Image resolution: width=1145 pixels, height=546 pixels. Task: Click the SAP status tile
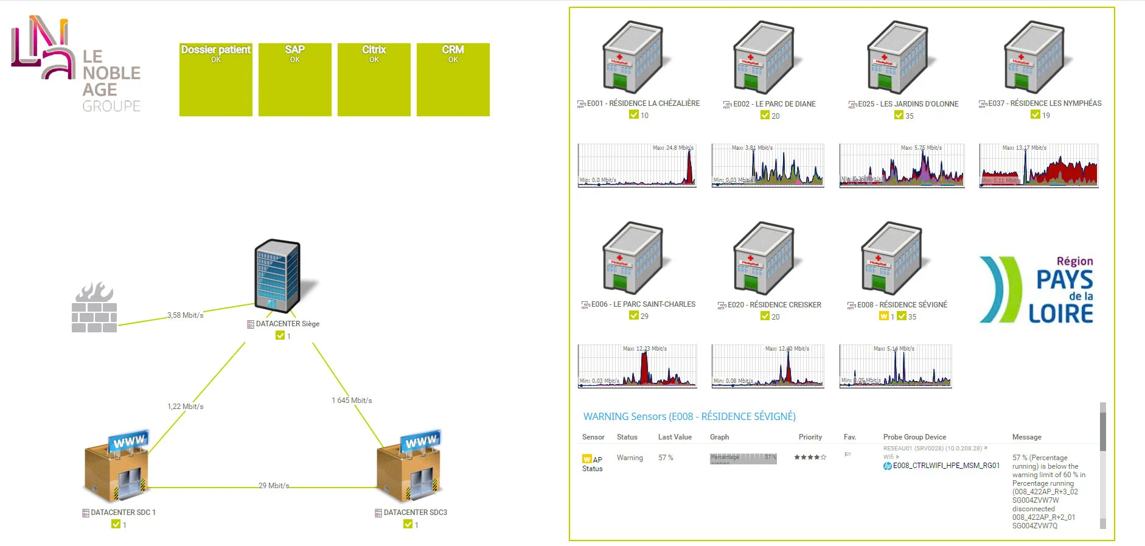[x=295, y=79]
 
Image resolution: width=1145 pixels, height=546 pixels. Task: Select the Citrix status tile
[x=374, y=79]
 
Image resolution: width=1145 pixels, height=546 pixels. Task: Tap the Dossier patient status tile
[x=216, y=79]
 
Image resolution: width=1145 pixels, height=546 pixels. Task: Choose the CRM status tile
[x=453, y=79]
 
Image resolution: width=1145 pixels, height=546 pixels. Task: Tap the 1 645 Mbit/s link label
[x=352, y=401]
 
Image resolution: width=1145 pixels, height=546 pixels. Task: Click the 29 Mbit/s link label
[x=274, y=486]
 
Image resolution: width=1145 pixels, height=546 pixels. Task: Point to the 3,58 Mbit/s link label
[x=186, y=315]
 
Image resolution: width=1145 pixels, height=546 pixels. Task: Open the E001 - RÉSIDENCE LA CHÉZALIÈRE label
[x=643, y=103]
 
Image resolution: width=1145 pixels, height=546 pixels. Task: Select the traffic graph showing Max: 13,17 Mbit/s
[x=1039, y=166]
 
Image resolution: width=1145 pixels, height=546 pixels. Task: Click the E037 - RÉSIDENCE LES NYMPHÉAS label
[x=1045, y=103]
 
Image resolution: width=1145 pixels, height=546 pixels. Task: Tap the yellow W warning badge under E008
[x=883, y=317]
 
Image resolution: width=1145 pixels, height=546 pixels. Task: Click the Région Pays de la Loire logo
[x=1037, y=289]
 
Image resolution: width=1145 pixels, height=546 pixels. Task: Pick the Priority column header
[x=810, y=437]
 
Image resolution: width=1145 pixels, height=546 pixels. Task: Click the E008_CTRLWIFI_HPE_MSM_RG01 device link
[x=946, y=466]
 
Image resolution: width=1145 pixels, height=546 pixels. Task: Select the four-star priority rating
[x=810, y=457]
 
